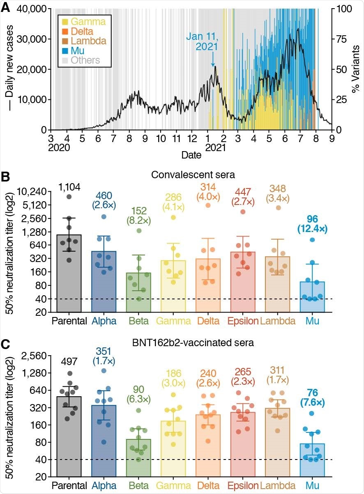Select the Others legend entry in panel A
(81, 60)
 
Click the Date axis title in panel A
(191, 155)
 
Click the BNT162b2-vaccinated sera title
(191, 341)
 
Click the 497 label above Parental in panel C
(69, 361)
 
